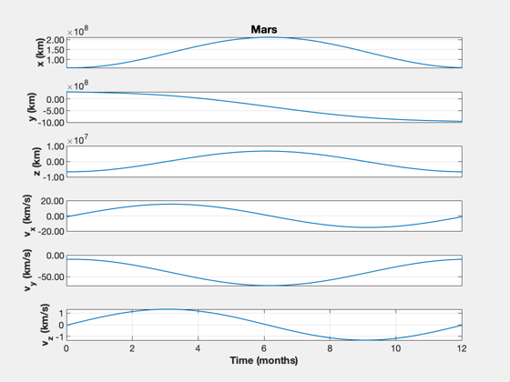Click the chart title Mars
click(x=264, y=29)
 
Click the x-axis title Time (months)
click(x=264, y=360)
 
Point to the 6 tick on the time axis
click(x=264, y=348)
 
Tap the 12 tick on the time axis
click(x=462, y=348)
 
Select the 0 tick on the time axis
click(x=66, y=348)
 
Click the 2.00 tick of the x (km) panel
click(x=55, y=40)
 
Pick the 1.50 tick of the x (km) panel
click(x=55, y=50)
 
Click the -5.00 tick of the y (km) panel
click(x=53, y=111)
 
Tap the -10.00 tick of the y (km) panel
click(x=51, y=123)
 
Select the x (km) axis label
click(x=40, y=53)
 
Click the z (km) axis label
click(x=36, y=162)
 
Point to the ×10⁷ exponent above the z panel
click(x=77, y=140)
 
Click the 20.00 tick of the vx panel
click(x=53, y=201)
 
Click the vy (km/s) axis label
click(x=28, y=270)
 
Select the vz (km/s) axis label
click(x=46, y=325)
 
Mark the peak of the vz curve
click(x=168, y=309)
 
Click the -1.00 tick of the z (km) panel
click(x=55, y=177)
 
